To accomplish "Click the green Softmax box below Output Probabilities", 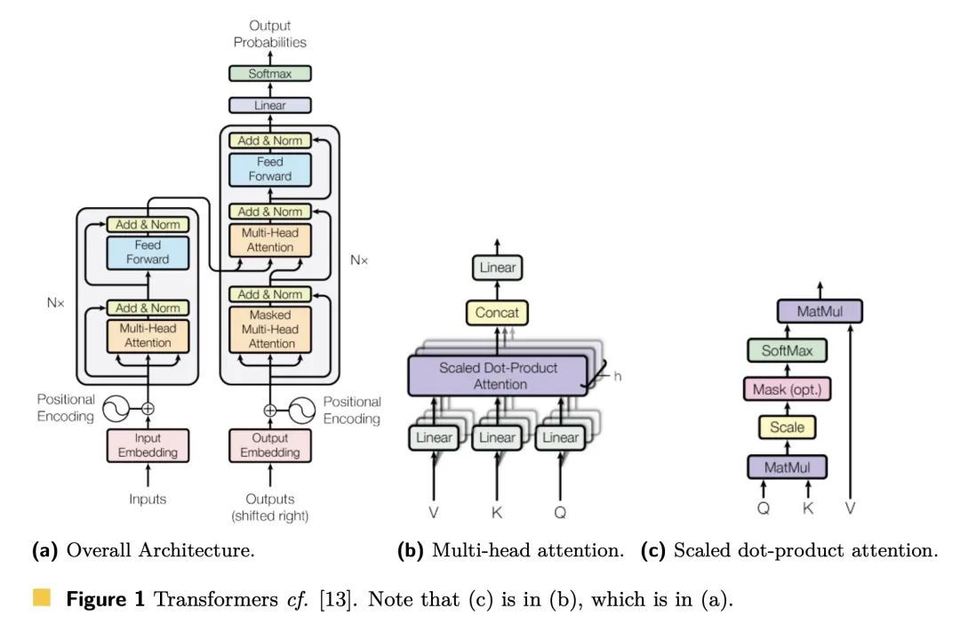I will (270, 74).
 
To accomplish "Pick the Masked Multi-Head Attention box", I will (271, 329).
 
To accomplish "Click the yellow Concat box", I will (497, 313).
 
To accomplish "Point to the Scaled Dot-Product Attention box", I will (496, 375).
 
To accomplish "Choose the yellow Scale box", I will (787, 428).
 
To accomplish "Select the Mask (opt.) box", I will (787, 389).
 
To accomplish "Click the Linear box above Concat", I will (497, 267).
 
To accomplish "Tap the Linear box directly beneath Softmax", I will (270, 106).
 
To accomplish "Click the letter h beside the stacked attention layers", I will (617, 376).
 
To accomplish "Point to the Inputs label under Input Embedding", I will (148, 500).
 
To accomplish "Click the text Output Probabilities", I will (270, 34).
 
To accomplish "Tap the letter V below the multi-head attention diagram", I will (435, 512).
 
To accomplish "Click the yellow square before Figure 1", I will (41, 594).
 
